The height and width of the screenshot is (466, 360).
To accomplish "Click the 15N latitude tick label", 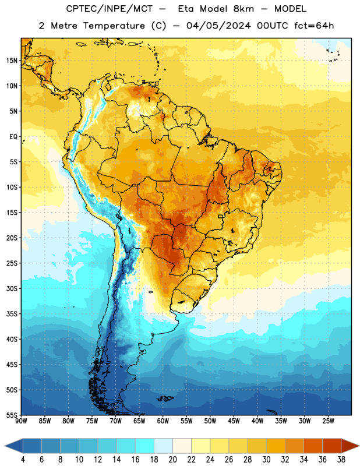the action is (x=12, y=61).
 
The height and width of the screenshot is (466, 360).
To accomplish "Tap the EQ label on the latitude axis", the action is (x=13, y=137).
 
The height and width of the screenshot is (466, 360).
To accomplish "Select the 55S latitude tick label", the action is (x=12, y=415).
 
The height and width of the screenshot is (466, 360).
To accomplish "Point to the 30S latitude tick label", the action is (x=12, y=288).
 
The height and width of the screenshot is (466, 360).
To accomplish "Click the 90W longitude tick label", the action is (x=22, y=421).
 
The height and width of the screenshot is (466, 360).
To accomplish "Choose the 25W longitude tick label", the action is (x=328, y=421).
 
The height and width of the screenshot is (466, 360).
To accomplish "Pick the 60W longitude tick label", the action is (x=163, y=421).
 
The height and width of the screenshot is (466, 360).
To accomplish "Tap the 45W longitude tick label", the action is (x=234, y=421).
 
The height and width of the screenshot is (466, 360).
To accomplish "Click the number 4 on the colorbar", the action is (x=23, y=460).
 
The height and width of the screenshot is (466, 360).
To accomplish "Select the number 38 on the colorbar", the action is (x=341, y=460).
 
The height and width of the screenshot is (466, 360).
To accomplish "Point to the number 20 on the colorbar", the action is (x=172, y=460).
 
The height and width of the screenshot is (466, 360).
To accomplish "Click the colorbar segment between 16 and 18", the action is (x=145, y=446).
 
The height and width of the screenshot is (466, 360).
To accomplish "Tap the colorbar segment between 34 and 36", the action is (x=313, y=446).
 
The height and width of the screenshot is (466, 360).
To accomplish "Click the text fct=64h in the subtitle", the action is (x=314, y=26).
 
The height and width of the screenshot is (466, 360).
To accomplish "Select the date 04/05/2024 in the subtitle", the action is (x=218, y=26).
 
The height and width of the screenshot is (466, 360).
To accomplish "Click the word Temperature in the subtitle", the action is (x=114, y=26).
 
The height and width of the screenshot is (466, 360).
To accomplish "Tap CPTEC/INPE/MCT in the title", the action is (x=109, y=9).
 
